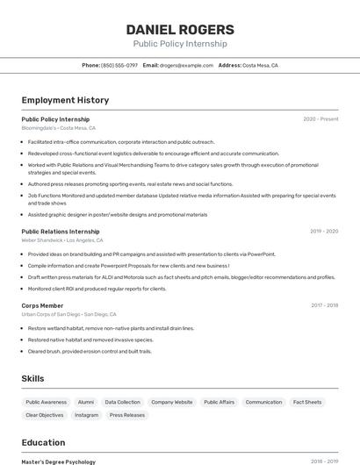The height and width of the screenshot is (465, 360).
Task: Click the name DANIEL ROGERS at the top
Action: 179,29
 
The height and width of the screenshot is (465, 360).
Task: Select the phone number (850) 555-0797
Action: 119,65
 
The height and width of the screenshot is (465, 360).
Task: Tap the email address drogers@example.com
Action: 187,65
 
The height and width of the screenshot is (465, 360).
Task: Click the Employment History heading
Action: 65,100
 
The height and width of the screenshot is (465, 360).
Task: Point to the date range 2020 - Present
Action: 320,119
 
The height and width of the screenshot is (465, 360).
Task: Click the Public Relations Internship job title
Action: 61,232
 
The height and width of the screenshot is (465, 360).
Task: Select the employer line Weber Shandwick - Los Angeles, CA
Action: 62,240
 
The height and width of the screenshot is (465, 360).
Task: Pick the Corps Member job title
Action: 42,305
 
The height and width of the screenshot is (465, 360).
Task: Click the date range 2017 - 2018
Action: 324,305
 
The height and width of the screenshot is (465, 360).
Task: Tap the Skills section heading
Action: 33,378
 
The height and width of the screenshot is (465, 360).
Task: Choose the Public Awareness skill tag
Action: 47,402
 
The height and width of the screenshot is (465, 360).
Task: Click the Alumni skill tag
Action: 86,402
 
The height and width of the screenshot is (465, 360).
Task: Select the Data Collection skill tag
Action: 123,402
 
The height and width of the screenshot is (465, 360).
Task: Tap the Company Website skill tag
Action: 172,402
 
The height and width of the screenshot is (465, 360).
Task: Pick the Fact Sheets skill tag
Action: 307,402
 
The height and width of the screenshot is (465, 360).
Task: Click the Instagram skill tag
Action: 87,415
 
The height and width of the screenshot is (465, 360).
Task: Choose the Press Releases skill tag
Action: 128,415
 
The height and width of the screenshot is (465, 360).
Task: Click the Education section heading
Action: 44,442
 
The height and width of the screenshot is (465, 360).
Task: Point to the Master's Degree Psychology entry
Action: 58,461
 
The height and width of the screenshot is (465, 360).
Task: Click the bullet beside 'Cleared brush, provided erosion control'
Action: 22,351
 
